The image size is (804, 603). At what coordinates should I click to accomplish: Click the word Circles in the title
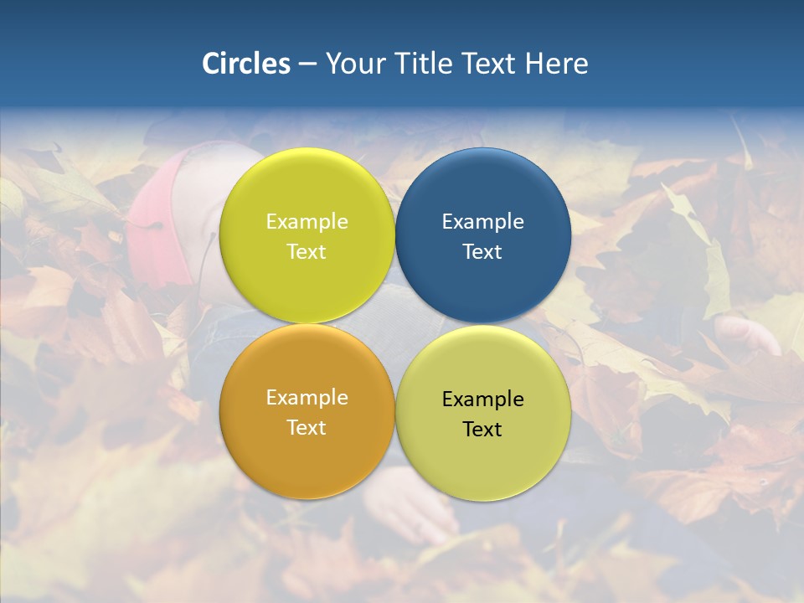(245, 64)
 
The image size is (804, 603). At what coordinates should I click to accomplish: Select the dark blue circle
(483, 235)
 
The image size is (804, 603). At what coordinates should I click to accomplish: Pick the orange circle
(307, 411)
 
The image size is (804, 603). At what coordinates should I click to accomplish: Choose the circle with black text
(483, 413)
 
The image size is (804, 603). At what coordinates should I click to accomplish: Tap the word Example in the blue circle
(482, 221)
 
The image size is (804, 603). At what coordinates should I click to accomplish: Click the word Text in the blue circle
(482, 251)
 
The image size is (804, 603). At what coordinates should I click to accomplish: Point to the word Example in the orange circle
(307, 397)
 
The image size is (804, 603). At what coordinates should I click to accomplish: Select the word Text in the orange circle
(307, 427)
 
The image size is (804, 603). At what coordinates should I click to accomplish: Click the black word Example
(482, 399)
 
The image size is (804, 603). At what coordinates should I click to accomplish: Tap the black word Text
(482, 429)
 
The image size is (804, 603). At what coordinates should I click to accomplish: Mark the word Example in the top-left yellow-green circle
(307, 221)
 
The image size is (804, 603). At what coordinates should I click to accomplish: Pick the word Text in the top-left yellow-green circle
(307, 251)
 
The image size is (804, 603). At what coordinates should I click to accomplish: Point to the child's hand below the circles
(410, 511)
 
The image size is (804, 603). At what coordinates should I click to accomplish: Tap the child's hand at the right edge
(750, 335)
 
